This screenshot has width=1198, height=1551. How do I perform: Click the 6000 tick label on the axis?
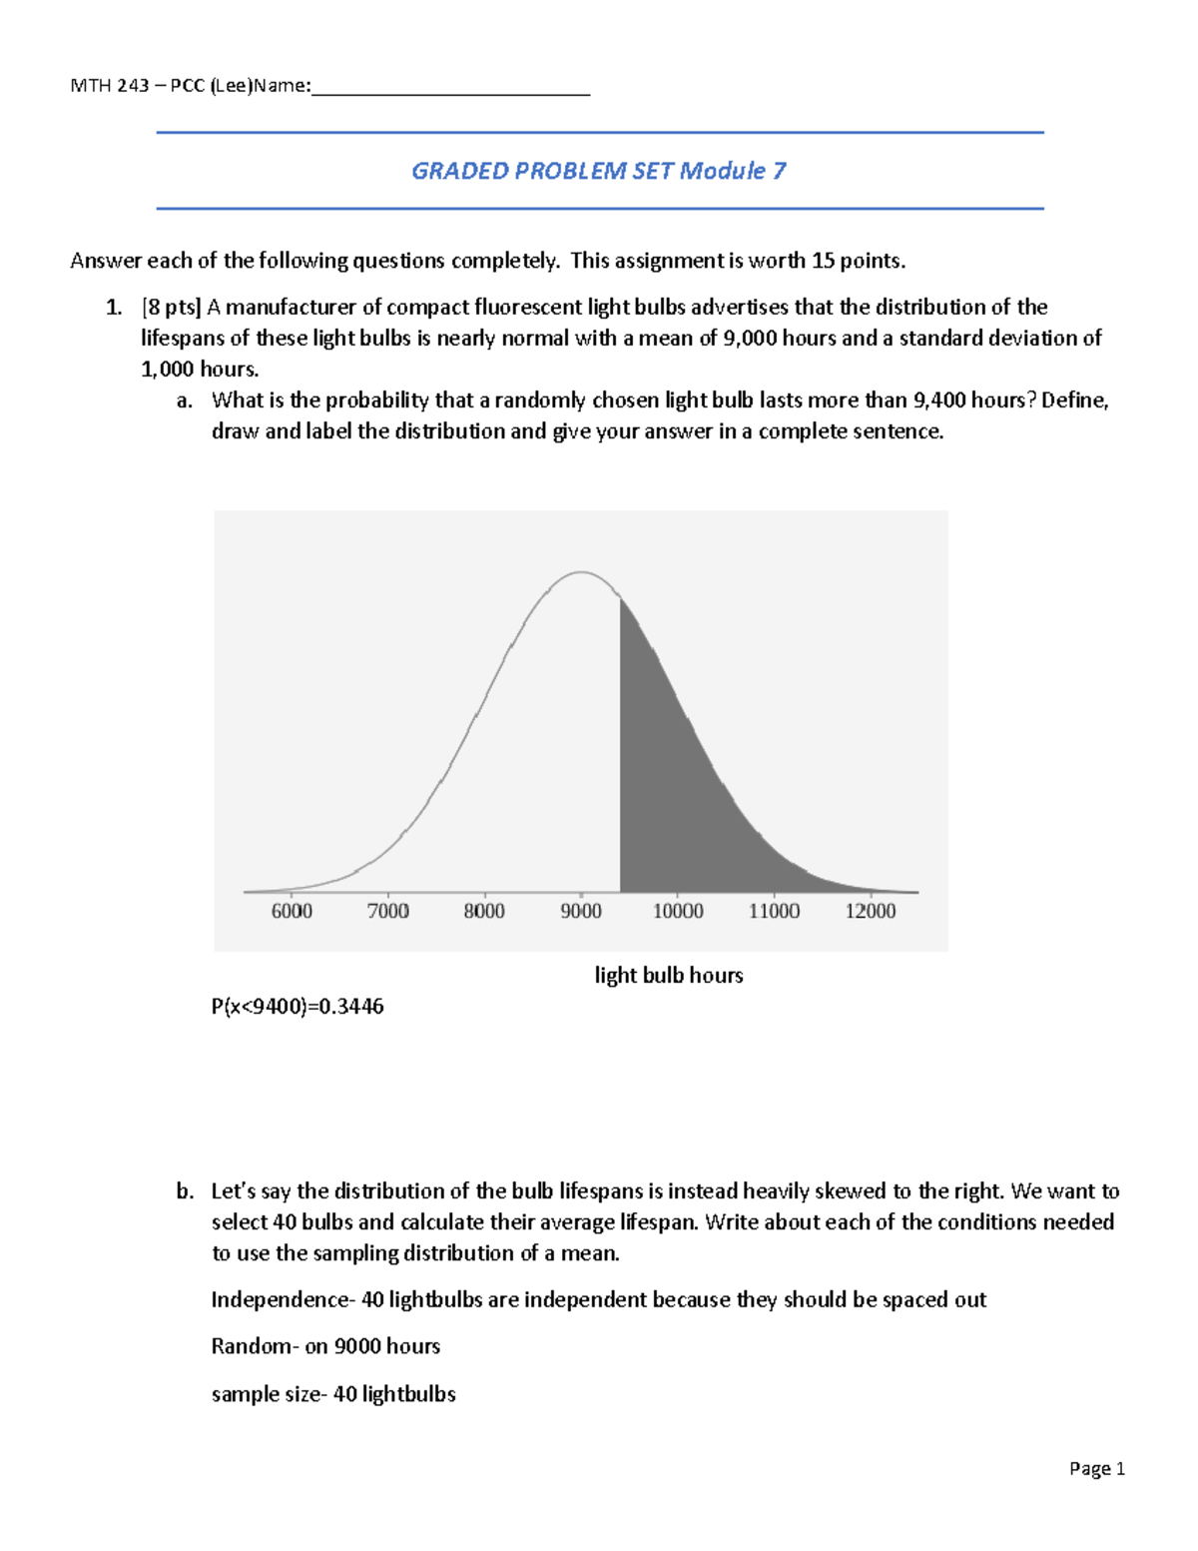292,911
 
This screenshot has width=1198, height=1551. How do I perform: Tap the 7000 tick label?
387,911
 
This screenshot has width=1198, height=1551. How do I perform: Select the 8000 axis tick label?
484,911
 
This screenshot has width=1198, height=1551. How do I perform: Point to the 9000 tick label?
581,911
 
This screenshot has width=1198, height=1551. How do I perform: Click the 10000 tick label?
678,911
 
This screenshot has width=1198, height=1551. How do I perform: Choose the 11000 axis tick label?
775,911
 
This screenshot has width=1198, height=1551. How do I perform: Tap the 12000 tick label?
871,911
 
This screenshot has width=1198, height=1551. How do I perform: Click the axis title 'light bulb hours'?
669,976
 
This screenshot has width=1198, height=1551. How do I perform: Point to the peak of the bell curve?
581,572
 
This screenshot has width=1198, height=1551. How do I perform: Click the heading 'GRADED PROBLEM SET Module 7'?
599,171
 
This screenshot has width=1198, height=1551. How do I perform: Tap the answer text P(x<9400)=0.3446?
298,1007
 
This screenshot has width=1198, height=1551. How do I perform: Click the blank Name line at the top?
450,88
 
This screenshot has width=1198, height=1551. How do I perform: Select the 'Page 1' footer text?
1097,1468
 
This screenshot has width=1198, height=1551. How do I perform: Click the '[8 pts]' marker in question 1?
171,308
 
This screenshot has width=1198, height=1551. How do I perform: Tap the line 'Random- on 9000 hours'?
325,1346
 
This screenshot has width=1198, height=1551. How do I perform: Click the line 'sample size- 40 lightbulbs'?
333,1394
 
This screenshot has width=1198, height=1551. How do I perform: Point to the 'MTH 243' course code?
109,86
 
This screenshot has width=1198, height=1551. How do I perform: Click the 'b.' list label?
185,1191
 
